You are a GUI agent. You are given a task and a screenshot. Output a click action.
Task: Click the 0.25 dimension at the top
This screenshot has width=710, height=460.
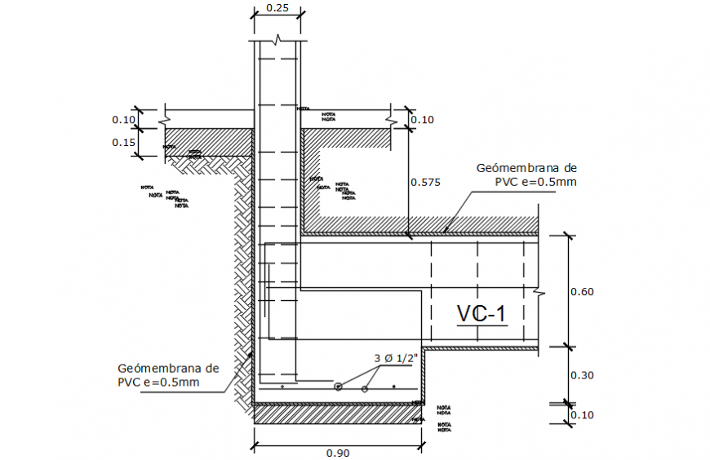(x=276, y=9)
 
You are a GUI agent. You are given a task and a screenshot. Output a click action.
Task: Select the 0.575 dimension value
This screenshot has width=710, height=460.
(x=425, y=183)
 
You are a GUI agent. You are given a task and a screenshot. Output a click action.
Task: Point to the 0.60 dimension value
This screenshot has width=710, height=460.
(x=582, y=290)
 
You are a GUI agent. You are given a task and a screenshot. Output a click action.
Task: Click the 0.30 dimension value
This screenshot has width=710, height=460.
(x=582, y=375)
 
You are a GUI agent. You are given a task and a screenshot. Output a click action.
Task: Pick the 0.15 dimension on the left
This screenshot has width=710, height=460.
(x=123, y=142)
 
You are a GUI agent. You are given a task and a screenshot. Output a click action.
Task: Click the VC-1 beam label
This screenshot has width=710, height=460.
(x=481, y=313)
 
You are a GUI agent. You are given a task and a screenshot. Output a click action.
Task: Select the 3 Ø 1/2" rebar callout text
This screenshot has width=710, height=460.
(x=396, y=358)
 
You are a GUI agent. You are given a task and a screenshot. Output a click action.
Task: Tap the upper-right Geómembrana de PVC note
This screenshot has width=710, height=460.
(x=526, y=175)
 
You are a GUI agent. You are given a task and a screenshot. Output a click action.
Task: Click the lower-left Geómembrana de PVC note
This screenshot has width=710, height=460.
(x=169, y=375)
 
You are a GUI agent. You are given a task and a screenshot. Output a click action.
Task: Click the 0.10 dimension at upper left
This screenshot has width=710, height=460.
(x=123, y=120)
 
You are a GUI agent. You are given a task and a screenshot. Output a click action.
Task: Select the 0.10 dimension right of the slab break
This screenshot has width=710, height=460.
(x=423, y=120)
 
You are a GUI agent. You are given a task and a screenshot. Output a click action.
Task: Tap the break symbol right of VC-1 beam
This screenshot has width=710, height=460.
(x=536, y=290)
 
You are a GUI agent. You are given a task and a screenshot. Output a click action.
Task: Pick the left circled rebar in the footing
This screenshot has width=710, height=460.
(x=338, y=387)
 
